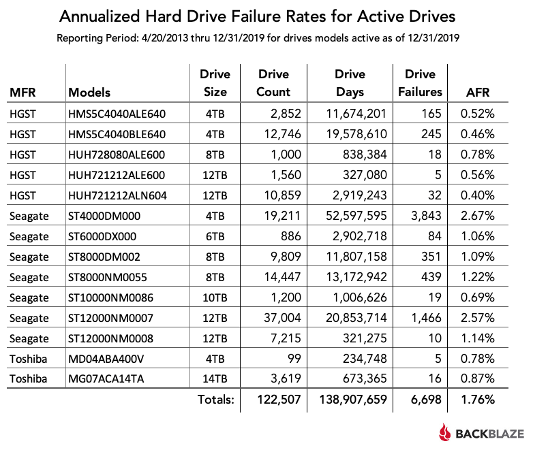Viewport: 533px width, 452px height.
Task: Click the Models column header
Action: pyautogui.click(x=90, y=92)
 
